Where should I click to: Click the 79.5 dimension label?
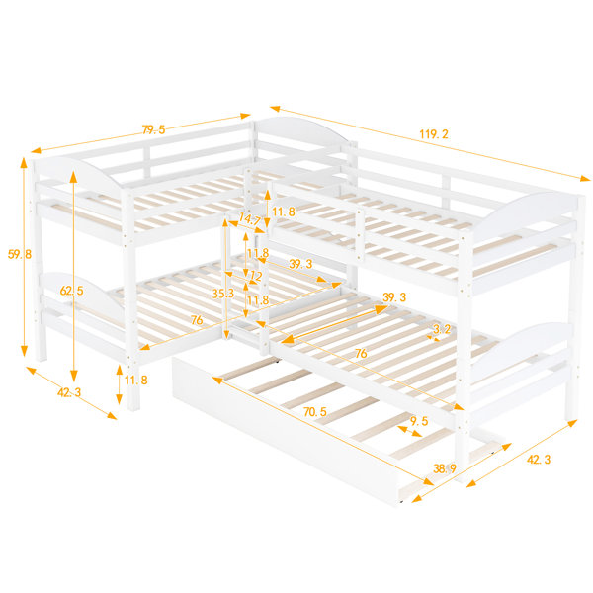click(154, 129)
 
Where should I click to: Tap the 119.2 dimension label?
click(434, 134)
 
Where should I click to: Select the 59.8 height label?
click(20, 254)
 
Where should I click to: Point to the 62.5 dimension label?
click(71, 291)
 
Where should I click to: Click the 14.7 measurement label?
click(249, 219)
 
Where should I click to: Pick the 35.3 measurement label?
click(222, 294)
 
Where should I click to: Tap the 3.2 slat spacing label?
click(442, 329)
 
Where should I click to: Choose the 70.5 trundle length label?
click(315, 412)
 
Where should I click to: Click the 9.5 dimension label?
click(419, 421)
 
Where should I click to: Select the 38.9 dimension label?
click(445, 468)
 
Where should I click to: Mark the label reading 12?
click(256, 276)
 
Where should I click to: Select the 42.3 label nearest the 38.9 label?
click(539, 460)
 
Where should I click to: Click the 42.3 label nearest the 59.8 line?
click(69, 392)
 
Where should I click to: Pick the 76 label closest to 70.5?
click(361, 353)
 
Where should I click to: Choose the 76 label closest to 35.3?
click(197, 320)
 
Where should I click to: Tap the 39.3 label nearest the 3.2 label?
click(394, 297)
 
